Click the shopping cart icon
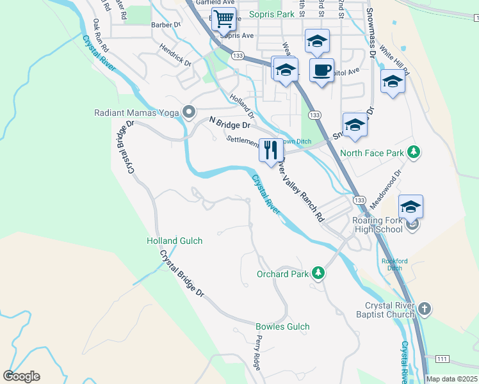point(223,19)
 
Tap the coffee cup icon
point(321,69)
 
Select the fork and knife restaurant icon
point(271,149)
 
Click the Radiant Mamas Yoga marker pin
point(188,113)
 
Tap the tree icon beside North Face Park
point(414,152)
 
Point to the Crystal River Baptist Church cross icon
point(423,310)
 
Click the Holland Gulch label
point(174,241)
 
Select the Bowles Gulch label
point(282,326)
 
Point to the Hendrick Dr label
point(176,55)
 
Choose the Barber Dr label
point(167,25)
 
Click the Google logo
point(21,376)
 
